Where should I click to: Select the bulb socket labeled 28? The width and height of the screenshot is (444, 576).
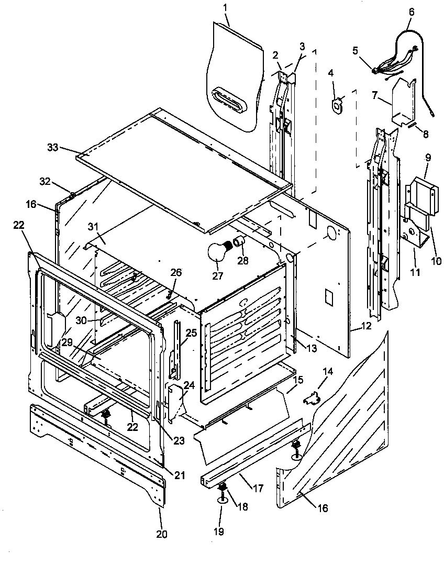(x=240, y=242)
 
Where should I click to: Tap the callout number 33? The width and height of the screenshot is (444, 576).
(x=53, y=148)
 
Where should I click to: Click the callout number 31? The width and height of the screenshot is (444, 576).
(x=93, y=227)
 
